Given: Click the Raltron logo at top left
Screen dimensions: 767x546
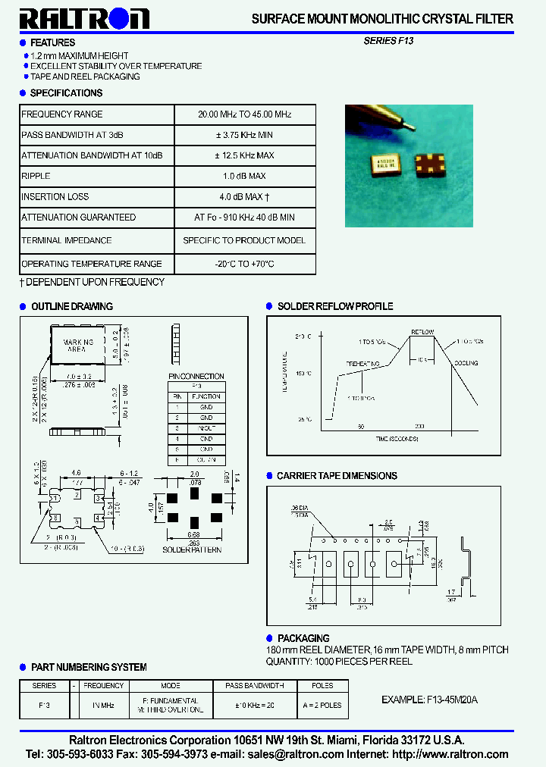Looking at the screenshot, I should [84, 18].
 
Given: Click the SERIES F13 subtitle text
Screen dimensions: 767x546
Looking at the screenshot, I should [388, 42].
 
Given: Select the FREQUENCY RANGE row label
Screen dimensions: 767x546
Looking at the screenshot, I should [62, 114].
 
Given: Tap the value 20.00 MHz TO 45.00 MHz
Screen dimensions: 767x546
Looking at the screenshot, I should [244, 114].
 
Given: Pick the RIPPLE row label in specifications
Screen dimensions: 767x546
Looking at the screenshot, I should [36, 176].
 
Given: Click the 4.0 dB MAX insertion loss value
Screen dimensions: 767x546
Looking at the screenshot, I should [244, 197].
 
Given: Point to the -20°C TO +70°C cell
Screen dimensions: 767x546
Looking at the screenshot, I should [244, 264].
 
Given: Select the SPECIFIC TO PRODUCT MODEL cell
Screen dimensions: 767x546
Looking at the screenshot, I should [244, 240].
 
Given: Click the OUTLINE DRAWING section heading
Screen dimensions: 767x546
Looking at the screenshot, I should [71, 306].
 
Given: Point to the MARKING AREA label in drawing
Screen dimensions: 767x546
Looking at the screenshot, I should [78, 346].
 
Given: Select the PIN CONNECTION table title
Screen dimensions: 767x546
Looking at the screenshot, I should [196, 376].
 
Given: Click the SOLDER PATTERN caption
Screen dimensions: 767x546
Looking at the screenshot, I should [192, 549].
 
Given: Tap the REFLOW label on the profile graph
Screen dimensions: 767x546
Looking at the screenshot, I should [422, 332].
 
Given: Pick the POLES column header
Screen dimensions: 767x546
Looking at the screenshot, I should [322, 685].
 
